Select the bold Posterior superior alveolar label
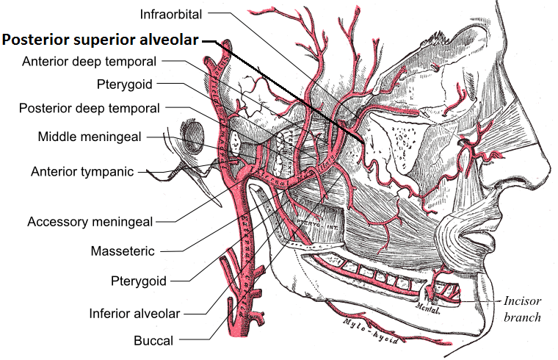[x=100, y=40]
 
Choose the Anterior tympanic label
[x=82, y=172]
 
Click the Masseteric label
[x=123, y=251]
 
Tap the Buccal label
[x=153, y=340]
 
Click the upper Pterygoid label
[x=124, y=84]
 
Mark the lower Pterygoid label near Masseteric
[x=139, y=281]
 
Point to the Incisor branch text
[x=522, y=309]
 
